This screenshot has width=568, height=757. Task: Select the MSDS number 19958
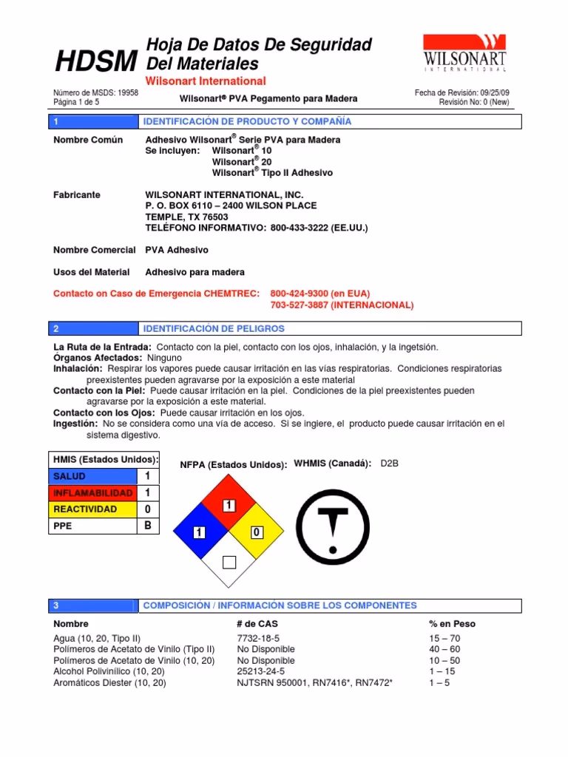126,93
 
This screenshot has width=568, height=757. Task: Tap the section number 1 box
56,121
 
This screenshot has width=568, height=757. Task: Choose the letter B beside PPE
148,526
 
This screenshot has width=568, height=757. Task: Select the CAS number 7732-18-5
258,638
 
